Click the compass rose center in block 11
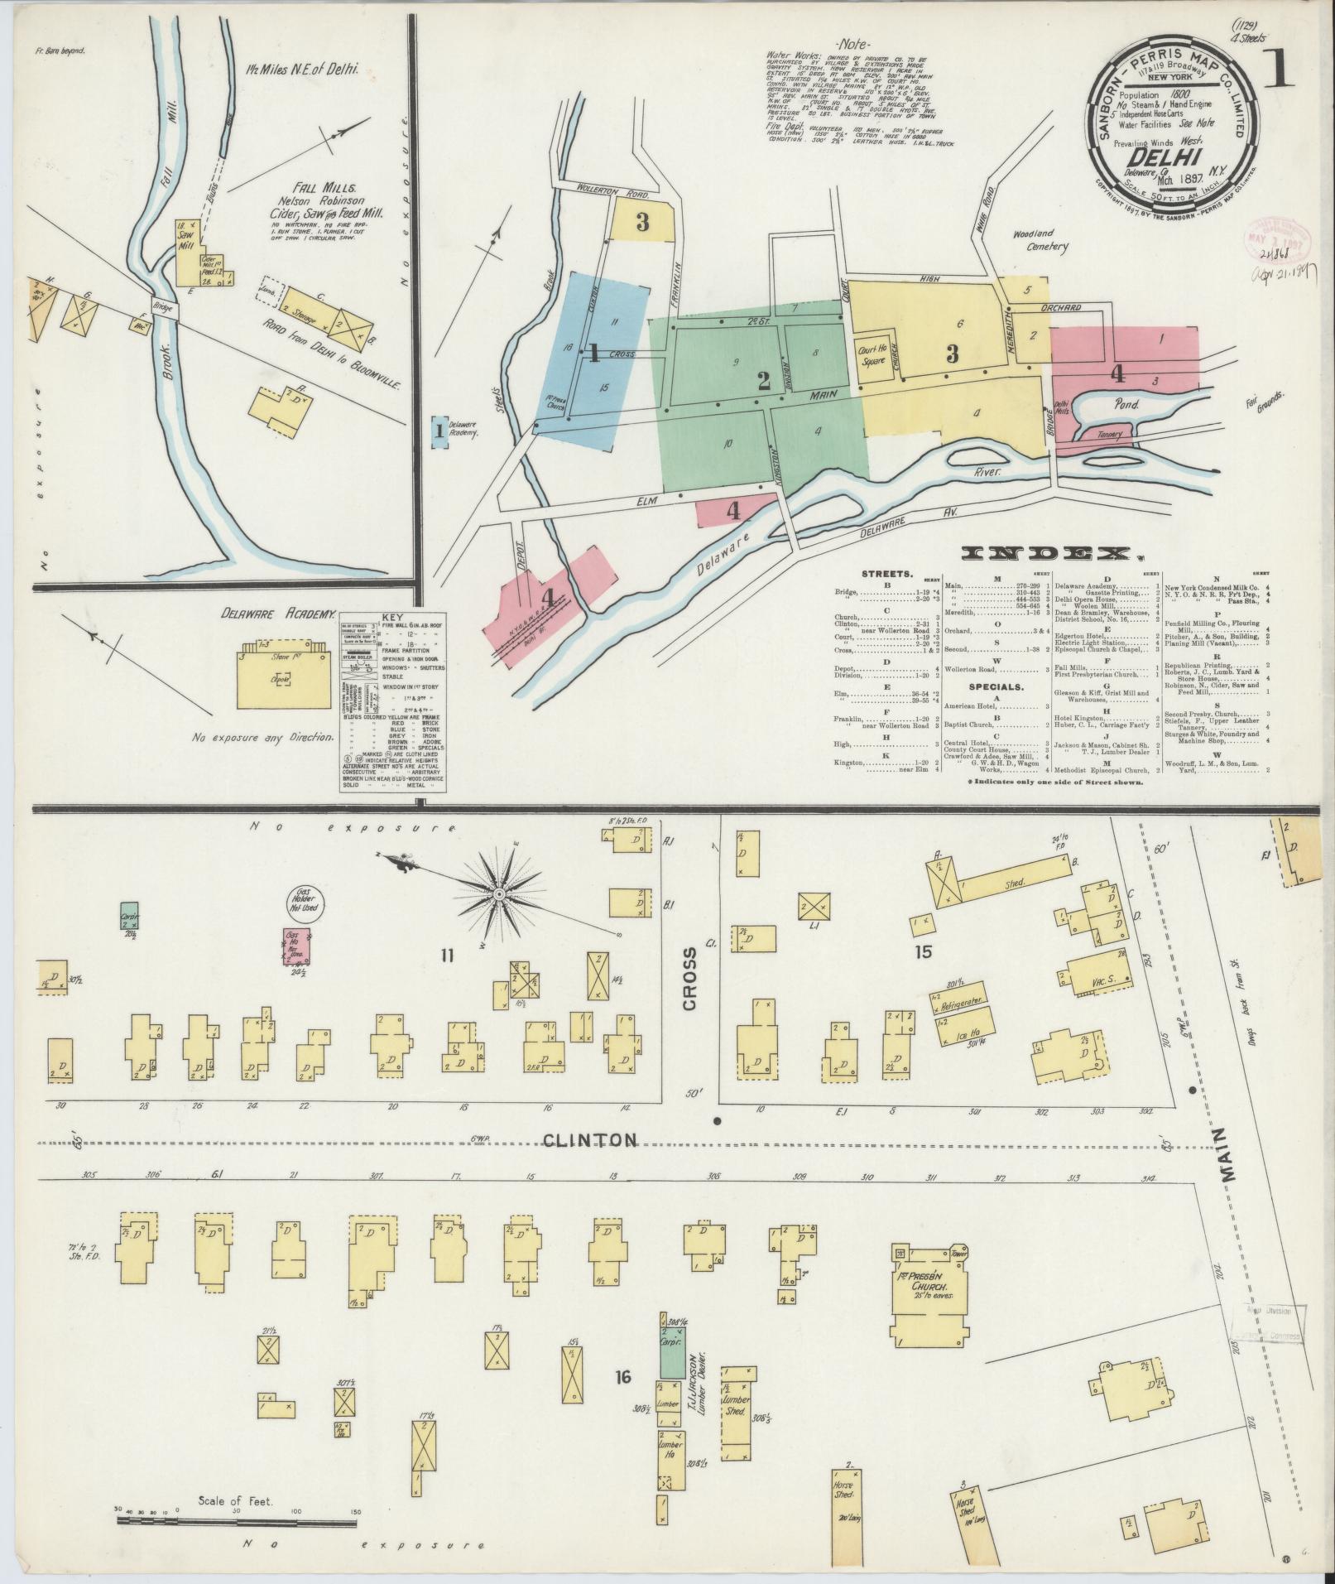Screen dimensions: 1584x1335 point(500,896)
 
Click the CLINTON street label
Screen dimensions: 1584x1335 point(590,1141)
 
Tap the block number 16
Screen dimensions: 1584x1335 point(623,1377)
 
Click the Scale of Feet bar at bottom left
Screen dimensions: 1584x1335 point(237,1523)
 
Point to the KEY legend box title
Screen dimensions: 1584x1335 point(391,617)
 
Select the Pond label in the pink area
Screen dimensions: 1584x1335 point(1126,405)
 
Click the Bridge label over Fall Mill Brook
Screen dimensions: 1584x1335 point(163,307)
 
